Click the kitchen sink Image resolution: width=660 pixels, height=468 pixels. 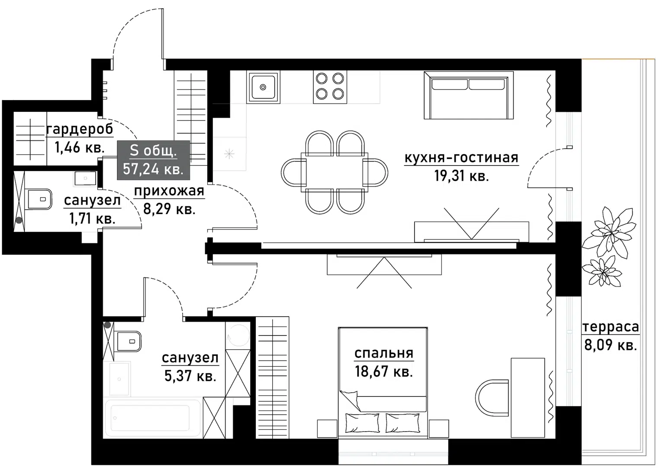click(263, 87)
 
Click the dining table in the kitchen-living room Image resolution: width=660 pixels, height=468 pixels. click(334, 172)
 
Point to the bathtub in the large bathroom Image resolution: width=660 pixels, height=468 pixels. click(152, 418)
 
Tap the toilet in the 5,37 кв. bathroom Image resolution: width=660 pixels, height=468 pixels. click(128, 341)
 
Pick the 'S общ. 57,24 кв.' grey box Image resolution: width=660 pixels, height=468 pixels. click(153, 160)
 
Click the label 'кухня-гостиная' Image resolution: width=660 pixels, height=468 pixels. click(461, 158)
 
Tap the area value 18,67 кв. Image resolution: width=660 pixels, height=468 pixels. click(383, 371)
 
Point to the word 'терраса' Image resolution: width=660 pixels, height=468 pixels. click(610, 327)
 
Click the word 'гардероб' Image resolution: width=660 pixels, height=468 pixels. click(80, 129)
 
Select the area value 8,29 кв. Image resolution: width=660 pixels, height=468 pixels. click(169, 209)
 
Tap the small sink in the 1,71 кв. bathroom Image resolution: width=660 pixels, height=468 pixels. click(86, 178)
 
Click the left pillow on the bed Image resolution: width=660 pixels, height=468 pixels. click(362, 422)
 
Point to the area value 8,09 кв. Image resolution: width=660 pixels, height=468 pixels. click(610, 345)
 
